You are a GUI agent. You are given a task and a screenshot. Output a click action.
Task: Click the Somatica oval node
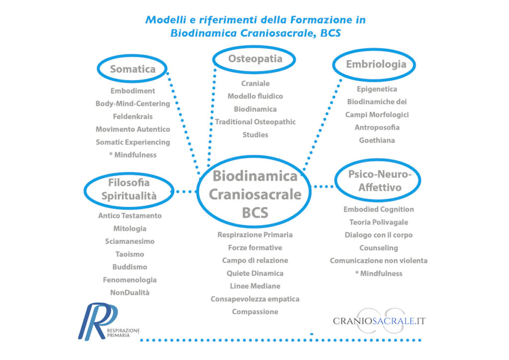(132, 69)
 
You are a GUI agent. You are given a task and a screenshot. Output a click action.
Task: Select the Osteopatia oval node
(254, 59)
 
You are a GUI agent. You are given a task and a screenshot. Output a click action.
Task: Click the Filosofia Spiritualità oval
(129, 189)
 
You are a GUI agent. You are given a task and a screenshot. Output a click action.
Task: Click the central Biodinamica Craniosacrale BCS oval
(255, 194)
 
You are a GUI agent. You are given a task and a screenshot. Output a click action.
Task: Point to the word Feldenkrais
(132, 116)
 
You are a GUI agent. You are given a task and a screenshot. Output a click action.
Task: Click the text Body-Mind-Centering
(133, 103)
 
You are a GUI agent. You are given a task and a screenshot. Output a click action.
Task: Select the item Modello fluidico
(255, 96)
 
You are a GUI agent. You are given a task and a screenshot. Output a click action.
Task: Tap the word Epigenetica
(377, 89)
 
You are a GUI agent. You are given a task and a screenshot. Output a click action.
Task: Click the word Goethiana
(377, 140)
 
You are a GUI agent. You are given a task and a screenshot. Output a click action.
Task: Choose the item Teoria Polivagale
(378, 222)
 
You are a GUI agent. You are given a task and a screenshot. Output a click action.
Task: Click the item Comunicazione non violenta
(378, 261)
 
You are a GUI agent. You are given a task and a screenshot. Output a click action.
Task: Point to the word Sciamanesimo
(130, 241)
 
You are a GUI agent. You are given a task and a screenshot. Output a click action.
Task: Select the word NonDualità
(130, 292)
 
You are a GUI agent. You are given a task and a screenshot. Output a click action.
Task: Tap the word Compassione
(255, 312)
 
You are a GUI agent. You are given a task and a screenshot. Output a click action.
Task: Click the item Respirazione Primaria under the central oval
(255, 235)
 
